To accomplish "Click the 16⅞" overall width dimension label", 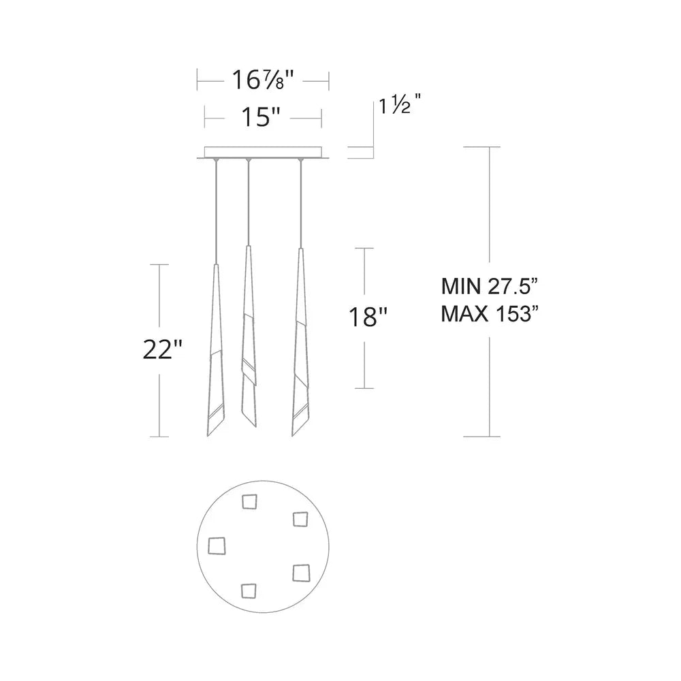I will pyautogui.click(x=263, y=81).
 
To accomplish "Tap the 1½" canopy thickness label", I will pyautogui.click(x=400, y=106).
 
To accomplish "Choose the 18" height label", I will pyautogui.click(x=368, y=317).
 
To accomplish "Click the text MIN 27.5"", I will pyautogui.click(x=490, y=284).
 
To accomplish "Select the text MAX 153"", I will pyautogui.click(x=490, y=313).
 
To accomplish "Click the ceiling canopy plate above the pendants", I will pyautogui.click(x=263, y=153).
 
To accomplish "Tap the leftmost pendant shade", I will pyautogui.click(x=215, y=354).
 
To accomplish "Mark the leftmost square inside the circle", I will pyautogui.click(x=217, y=545).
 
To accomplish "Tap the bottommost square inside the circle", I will pyautogui.click(x=249, y=590).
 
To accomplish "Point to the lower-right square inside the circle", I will pyautogui.click(x=300, y=573).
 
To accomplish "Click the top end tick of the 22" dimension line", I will pyautogui.click(x=159, y=264).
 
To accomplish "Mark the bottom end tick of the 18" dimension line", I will pyautogui.click(x=364, y=388).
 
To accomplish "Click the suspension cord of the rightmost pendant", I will pyautogui.click(x=300, y=204).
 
